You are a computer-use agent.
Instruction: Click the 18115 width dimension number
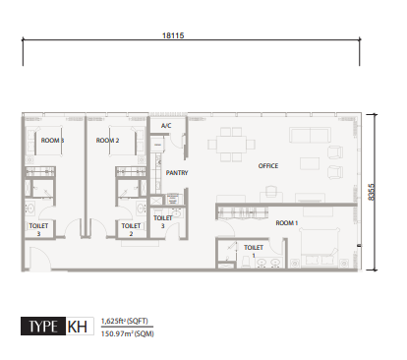pyautogui.click(x=174, y=34)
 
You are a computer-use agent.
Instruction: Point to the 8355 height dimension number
pyautogui.click(x=370, y=191)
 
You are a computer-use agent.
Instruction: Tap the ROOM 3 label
pyautogui.click(x=52, y=141)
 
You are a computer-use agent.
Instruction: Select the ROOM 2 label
pyautogui.click(x=107, y=141)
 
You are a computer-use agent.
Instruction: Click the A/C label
pyautogui.click(x=166, y=127)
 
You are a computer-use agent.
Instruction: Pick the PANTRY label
pyautogui.click(x=177, y=172)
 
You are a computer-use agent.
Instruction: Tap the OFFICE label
pyautogui.click(x=268, y=165)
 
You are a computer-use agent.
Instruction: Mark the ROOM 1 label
pyautogui.click(x=287, y=223)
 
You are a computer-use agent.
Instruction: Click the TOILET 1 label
pyautogui.click(x=253, y=251)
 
